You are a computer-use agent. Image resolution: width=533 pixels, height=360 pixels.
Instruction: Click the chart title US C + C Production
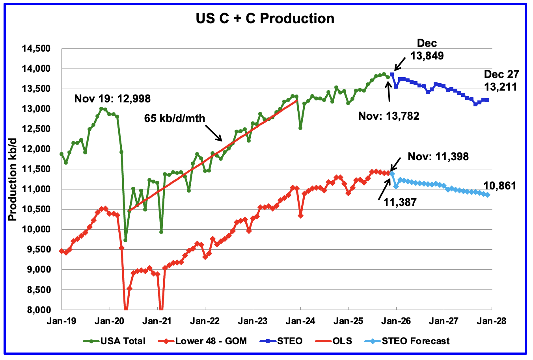[265, 19]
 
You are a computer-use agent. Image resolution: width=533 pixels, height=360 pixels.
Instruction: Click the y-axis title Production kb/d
[13, 179]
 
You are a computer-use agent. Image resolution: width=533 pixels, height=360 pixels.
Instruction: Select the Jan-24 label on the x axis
[300, 321]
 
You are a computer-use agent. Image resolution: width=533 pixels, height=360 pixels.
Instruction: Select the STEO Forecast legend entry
[416, 341]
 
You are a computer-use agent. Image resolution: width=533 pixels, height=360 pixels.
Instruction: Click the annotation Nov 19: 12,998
[112, 98]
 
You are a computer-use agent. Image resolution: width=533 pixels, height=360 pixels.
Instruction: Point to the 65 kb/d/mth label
[175, 118]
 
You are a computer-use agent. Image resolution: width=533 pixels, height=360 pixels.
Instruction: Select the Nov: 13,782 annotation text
[389, 116]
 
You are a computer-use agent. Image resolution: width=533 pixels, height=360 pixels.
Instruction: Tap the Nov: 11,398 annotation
[438, 157]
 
